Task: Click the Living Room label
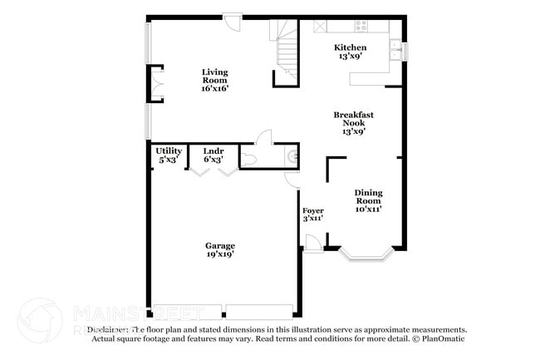coord(214,79)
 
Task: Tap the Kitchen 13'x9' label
coord(350,52)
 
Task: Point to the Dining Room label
coord(368,200)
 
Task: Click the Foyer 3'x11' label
coord(312,214)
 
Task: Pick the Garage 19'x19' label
coord(220,249)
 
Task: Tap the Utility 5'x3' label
coord(169,155)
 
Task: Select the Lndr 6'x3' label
coord(214,155)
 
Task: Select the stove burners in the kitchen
coord(361,26)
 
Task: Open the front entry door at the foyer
coord(312,244)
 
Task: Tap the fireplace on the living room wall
coord(155,83)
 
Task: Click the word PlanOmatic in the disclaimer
coord(441,338)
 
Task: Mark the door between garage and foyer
coord(291,179)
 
